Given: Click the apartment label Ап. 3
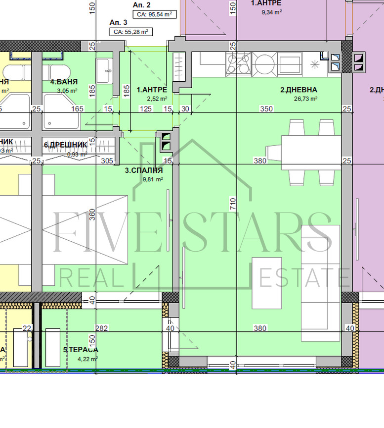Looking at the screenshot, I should click(x=118, y=22).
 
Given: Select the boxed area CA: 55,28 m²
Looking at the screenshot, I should click(x=130, y=32).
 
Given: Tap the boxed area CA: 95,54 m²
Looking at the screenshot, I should click(x=154, y=14).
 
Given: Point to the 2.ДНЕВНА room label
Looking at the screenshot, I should click(x=299, y=90).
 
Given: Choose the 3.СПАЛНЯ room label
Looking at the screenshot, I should click(x=144, y=170).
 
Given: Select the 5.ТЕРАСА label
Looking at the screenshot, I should click(x=81, y=350).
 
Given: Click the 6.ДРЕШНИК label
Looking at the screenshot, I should click(x=65, y=145).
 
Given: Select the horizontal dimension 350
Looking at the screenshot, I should click(x=267, y=108).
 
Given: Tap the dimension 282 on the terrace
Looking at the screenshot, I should click(x=102, y=328).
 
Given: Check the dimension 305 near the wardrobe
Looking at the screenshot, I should click(x=107, y=160).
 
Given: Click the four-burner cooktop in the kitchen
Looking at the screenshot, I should click(x=238, y=64).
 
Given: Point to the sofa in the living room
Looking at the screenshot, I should click(x=321, y=283).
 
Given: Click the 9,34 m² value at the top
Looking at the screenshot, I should click(x=271, y=12).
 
